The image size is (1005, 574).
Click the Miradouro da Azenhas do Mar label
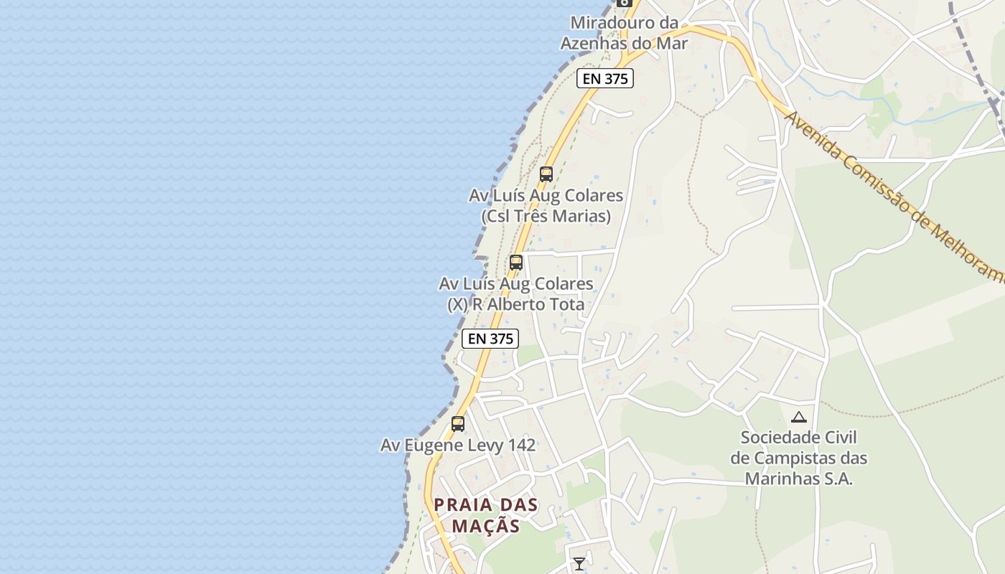click(624, 33)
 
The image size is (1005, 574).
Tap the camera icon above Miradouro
click(624, 2)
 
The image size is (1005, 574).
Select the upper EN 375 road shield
click(604, 79)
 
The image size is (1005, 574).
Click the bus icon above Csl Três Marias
click(546, 174)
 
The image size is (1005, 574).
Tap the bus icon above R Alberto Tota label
click(516, 263)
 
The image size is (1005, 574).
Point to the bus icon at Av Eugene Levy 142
click(458, 424)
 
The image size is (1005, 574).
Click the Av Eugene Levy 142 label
click(458, 446)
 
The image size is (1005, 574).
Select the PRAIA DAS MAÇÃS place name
click(486, 515)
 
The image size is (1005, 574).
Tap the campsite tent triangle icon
click(798, 417)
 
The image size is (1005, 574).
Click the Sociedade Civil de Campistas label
click(799, 458)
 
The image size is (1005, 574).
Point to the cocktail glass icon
click(579, 564)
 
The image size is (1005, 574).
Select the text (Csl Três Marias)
click(546, 216)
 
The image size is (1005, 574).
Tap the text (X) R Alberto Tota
click(515, 305)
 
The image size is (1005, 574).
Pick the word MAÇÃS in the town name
click(486, 526)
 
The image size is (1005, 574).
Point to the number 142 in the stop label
click(522, 446)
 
